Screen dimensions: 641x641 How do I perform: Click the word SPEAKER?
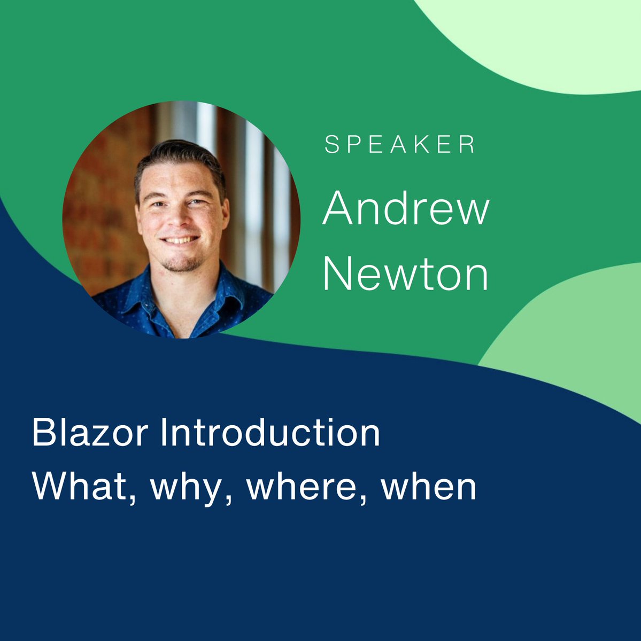pos(400,145)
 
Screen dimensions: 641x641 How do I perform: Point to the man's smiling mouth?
pos(180,240)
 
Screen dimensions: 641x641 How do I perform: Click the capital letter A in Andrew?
pos(339,209)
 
